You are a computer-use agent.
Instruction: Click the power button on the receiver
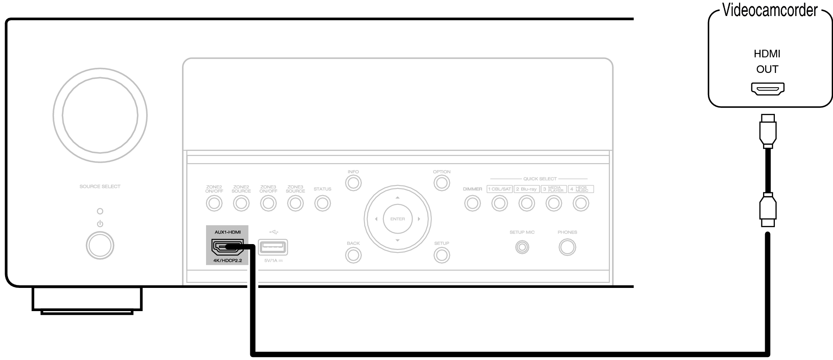100,245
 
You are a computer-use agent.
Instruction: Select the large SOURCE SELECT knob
100,115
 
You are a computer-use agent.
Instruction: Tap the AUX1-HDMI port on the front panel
228,247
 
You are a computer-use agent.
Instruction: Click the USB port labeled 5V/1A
273,247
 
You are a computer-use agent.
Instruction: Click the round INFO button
353,183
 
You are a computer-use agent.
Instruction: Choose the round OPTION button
441,183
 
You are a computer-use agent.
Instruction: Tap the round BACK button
353,255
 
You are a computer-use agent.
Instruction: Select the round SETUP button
441,255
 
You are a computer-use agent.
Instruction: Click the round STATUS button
322,204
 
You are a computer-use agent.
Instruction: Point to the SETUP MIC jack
522,247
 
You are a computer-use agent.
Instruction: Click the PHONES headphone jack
567,247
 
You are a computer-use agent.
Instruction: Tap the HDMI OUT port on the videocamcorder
767,89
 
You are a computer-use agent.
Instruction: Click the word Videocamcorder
770,10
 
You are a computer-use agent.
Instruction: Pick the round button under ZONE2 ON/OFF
214,204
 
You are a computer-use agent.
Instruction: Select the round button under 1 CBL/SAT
499,204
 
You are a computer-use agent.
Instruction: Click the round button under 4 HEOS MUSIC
581,204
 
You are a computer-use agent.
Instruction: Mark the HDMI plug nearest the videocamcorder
767,131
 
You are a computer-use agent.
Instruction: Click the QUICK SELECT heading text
540,179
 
